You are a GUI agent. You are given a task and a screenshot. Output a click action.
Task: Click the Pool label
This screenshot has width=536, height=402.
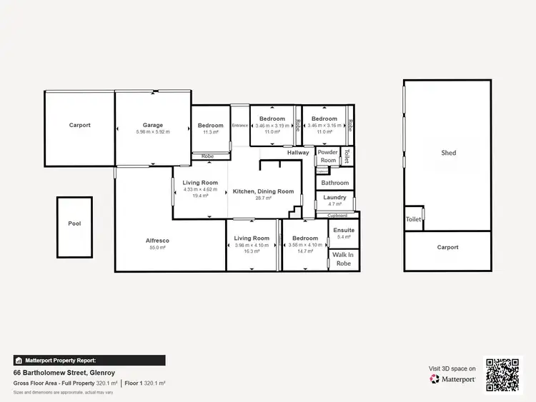pyautogui.click(x=74, y=223)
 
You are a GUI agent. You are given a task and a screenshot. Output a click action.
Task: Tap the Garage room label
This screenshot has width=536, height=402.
pyautogui.click(x=152, y=125)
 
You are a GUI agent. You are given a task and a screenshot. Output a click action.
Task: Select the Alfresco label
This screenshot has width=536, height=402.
pyautogui.click(x=158, y=241)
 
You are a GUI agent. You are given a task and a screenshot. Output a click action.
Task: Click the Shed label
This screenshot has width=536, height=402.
pyautogui.click(x=448, y=153)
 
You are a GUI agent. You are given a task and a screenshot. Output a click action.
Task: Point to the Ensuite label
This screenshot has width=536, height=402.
pyautogui.click(x=343, y=230)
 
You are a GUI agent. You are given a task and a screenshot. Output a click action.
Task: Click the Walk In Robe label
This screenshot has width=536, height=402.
pyautogui.click(x=343, y=259)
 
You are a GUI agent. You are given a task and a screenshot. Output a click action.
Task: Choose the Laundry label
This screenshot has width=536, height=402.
pyautogui.click(x=334, y=197)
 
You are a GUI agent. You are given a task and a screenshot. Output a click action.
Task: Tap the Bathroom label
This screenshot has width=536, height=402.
pyautogui.click(x=334, y=183)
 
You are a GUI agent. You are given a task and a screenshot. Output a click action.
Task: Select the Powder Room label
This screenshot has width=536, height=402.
pyautogui.click(x=327, y=156)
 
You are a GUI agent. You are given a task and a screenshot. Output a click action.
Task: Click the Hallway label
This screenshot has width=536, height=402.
pyautogui.click(x=298, y=152)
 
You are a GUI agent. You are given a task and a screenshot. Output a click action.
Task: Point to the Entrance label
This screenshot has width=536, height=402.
pyautogui.click(x=240, y=126)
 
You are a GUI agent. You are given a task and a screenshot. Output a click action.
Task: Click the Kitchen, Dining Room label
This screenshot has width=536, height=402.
pyautogui.click(x=264, y=191)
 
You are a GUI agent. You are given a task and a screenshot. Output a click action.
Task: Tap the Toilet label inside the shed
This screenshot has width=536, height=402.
pyautogui.click(x=413, y=219)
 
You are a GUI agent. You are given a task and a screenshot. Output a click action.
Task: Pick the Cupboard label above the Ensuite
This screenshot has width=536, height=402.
pyautogui.click(x=337, y=215)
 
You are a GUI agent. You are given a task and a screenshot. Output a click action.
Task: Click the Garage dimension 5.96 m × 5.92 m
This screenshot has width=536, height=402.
pyautogui.click(x=152, y=132)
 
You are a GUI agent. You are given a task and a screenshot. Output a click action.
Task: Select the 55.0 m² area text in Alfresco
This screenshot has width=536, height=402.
pyautogui.click(x=158, y=248)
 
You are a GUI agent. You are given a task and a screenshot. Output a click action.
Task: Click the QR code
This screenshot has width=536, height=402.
pyautogui.click(x=504, y=375)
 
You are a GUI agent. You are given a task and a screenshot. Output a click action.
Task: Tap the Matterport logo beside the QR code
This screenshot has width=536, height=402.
pyautogui.click(x=452, y=379)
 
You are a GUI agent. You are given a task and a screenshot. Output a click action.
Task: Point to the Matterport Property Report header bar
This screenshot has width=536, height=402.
pyautogui.click(x=89, y=361)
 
